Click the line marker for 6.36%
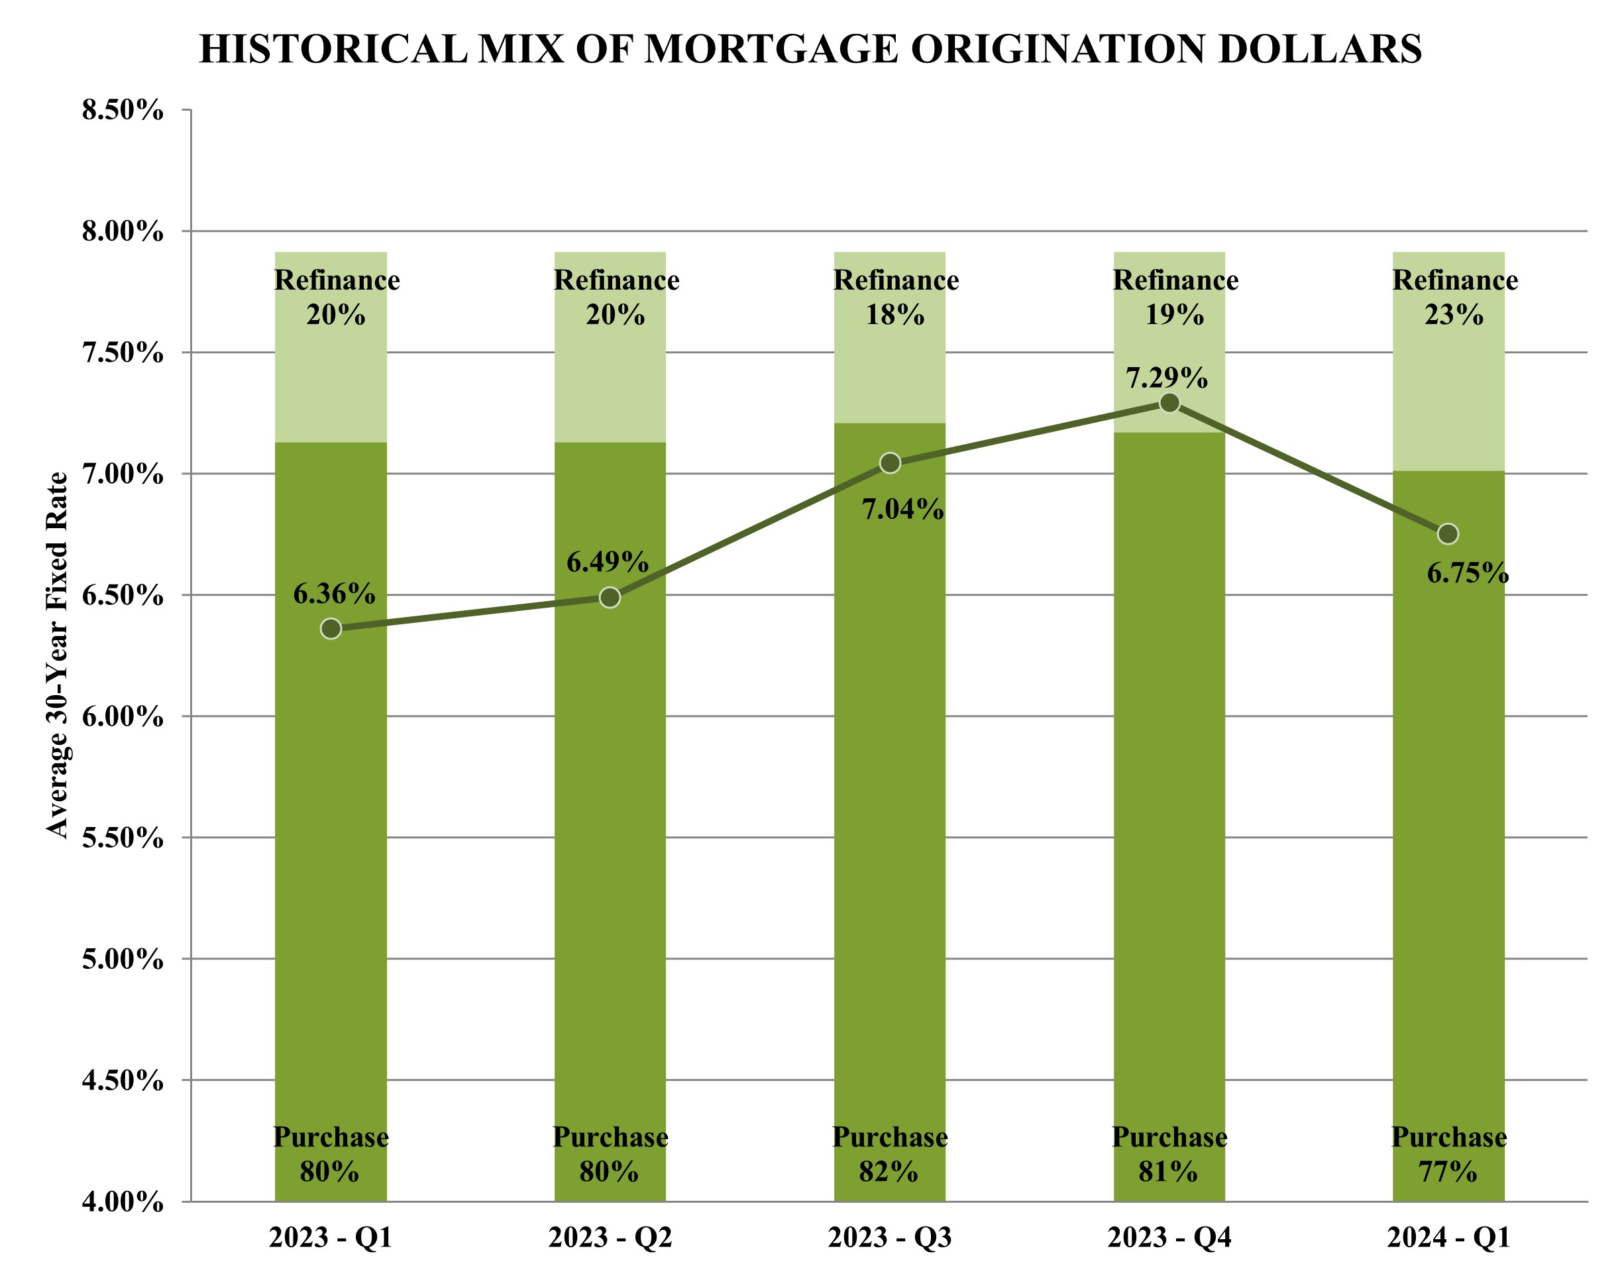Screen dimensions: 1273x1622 point(331,628)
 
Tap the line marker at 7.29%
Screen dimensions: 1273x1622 point(1169,402)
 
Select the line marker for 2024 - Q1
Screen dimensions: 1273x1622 point(1448,533)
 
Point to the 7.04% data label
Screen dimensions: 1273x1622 point(902,510)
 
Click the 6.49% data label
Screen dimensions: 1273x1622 point(607,562)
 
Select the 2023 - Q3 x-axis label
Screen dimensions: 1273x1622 point(890,1238)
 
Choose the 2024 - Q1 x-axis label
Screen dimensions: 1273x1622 point(1448,1238)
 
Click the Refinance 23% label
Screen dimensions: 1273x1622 point(1454,298)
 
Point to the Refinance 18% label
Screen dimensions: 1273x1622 point(896,298)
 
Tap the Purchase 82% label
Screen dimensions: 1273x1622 point(890,1154)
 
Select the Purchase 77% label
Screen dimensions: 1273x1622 point(1448,1154)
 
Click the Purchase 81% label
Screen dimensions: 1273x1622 point(1169,1154)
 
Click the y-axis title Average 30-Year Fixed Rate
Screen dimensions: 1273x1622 point(58,655)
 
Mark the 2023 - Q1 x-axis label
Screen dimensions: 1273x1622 point(330,1238)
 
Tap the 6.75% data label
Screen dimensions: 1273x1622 point(1467,573)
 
